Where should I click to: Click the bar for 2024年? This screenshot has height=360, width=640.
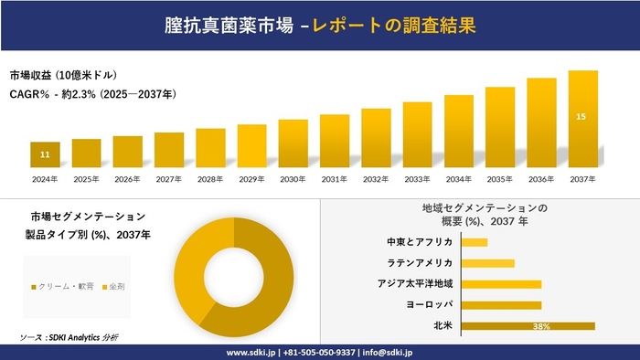pos(45,154)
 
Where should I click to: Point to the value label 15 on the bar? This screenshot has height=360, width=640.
pos(582,116)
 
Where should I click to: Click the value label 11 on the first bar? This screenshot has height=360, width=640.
pos(45,155)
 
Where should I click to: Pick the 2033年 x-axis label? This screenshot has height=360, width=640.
pos(417,178)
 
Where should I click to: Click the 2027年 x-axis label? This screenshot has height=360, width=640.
pos(169,178)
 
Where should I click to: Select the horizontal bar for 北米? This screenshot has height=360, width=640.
pos(528,325)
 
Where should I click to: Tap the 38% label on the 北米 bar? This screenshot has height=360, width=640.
pos(540,326)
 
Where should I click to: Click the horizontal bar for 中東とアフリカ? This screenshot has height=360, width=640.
pos(475,242)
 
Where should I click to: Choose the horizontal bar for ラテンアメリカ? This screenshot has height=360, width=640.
pos(488,263)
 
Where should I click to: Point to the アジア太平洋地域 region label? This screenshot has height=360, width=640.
pos(415,283)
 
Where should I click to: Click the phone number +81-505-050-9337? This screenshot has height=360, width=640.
pos(321,352)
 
